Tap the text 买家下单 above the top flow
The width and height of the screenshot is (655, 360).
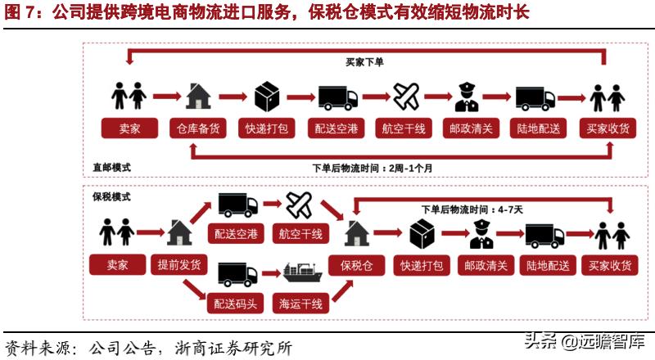(x=364, y=62)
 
